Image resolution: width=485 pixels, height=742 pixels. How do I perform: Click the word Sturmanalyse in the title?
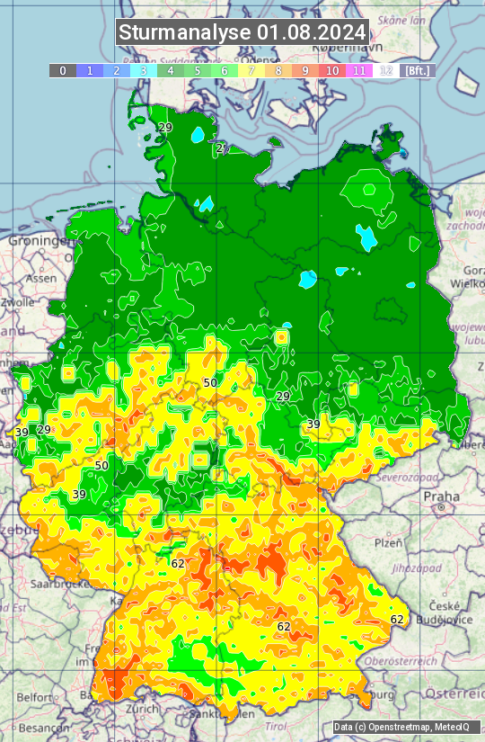185,32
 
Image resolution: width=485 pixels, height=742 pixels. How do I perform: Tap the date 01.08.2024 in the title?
311,32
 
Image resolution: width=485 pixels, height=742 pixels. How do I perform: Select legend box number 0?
62,70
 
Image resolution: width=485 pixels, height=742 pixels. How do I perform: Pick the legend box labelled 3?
144,70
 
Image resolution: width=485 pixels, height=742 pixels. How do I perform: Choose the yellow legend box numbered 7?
251,70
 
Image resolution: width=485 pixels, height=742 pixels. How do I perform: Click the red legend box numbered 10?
332,70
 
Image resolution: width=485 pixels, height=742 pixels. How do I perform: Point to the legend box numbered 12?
386,70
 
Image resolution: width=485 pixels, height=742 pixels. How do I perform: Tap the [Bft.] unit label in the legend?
417,70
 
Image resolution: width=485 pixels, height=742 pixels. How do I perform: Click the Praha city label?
441,496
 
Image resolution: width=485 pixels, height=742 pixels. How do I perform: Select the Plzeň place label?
388,543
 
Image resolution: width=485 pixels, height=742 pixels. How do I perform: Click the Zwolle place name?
17,303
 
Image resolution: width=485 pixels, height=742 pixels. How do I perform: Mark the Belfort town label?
35,697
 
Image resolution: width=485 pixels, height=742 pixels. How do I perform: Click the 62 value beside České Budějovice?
397,620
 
